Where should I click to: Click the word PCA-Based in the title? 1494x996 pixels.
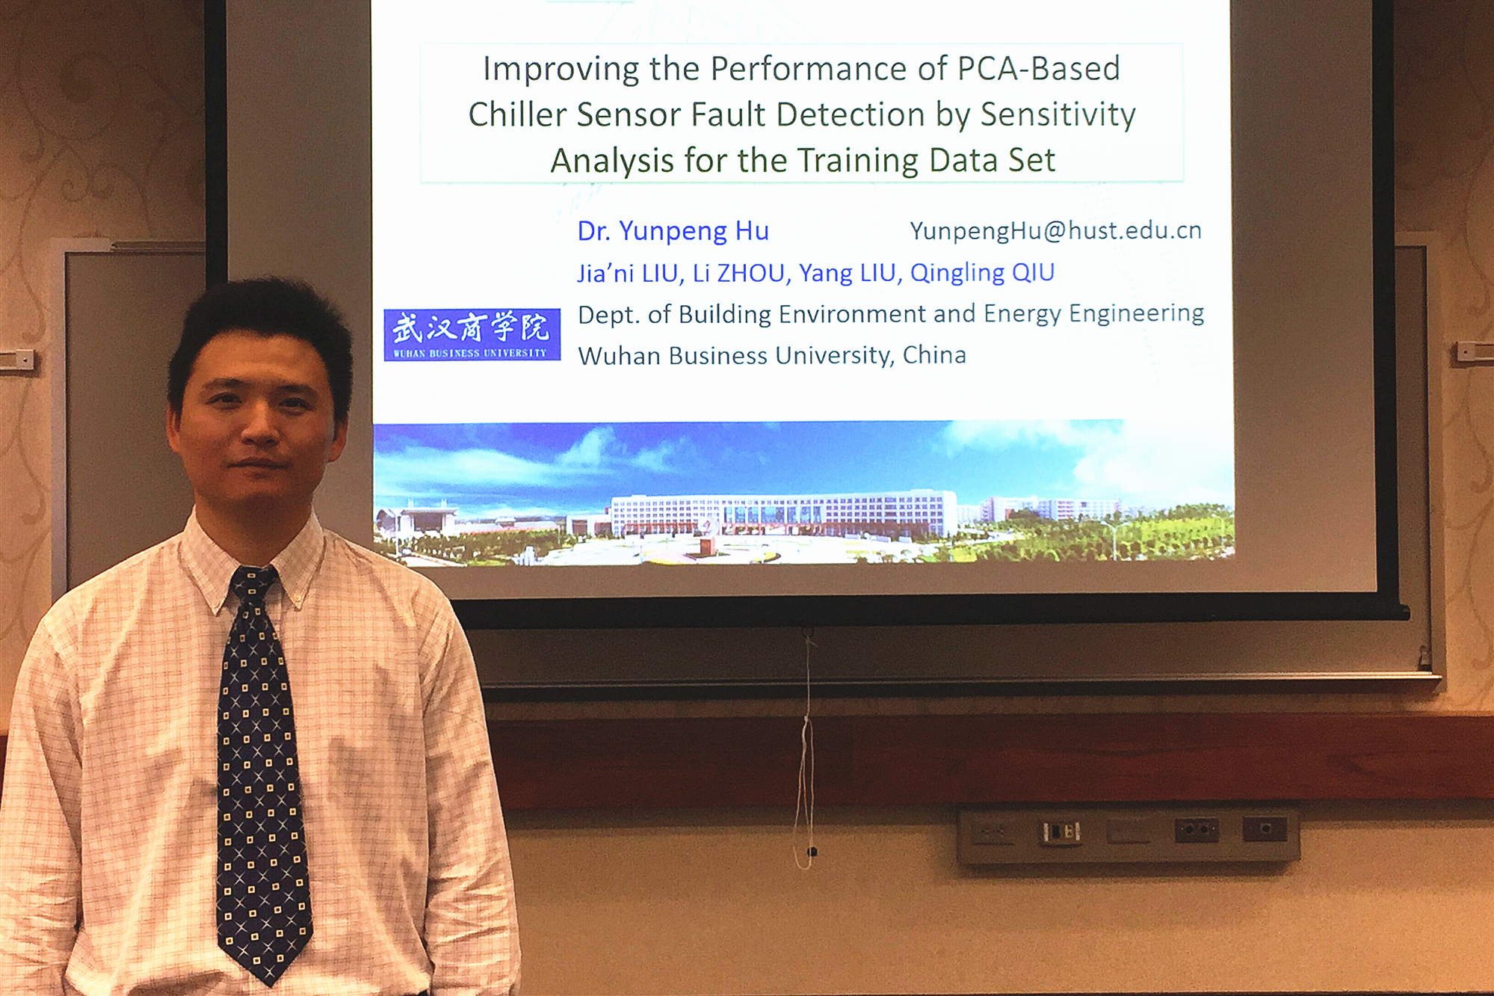[x=1038, y=69]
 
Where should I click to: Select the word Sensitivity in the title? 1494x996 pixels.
[x=1058, y=115]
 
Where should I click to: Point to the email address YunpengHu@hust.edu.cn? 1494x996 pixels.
[x=1055, y=231]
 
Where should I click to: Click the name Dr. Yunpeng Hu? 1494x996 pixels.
[x=673, y=232]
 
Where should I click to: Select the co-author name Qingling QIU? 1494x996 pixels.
[x=982, y=273]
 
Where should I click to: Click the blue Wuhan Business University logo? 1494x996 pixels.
[x=472, y=334]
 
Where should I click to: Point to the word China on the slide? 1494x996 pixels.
[x=934, y=354]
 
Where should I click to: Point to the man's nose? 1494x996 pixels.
[x=260, y=426]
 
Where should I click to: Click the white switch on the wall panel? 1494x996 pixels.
[x=1061, y=831]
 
